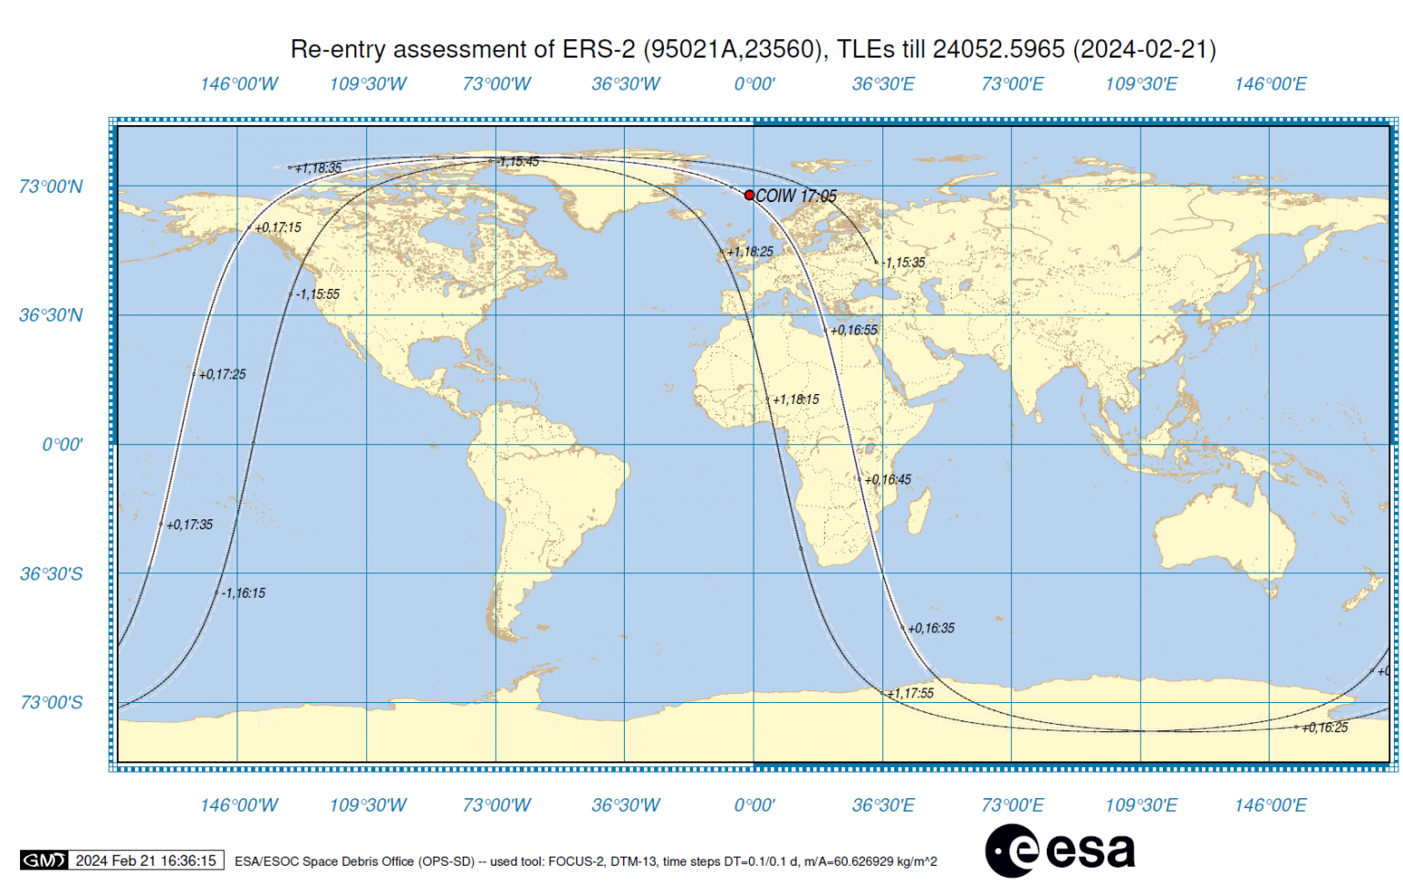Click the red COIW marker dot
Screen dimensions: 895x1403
tap(749, 195)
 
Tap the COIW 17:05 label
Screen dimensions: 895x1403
tap(796, 196)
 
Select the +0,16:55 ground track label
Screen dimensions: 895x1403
tap(854, 330)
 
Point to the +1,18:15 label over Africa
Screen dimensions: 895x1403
tap(796, 400)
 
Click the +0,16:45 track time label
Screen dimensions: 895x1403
tap(888, 479)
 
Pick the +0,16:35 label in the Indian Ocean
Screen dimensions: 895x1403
tap(931, 628)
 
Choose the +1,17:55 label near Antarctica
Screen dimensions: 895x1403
tap(911, 693)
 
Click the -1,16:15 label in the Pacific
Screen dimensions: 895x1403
tap(244, 593)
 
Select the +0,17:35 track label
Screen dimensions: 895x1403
tap(190, 525)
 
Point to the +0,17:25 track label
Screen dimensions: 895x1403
tap(223, 374)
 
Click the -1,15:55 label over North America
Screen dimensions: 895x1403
tap(318, 294)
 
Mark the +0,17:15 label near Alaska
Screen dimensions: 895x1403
tap(278, 228)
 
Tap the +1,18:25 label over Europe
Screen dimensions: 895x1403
tap(750, 251)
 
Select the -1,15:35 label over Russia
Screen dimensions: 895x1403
tap(904, 262)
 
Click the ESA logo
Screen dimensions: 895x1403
tap(1060, 850)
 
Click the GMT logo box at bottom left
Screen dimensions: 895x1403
tap(44, 860)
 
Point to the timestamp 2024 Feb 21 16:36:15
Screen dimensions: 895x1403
tap(146, 860)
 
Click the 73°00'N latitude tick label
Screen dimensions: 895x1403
tap(51, 186)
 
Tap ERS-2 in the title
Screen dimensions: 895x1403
tap(597, 48)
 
